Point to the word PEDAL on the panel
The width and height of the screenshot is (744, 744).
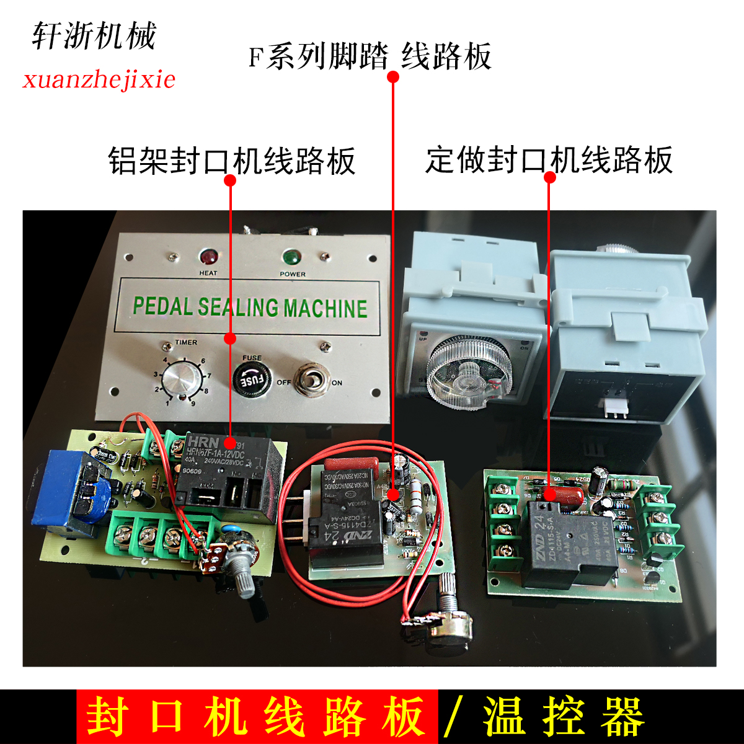pyautogui.click(x=163, y=307)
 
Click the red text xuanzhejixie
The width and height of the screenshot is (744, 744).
pyautogui.click(x=99, y=79)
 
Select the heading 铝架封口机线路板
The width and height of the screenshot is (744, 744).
pyautogui.click(x=232, y=161)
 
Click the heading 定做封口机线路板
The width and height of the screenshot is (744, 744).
pyautogui.click(x=549, y=159)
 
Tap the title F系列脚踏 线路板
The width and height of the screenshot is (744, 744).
pyautogui.click(x=370, y=56)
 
